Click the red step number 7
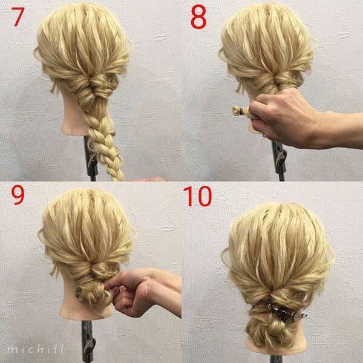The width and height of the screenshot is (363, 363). tap(18, 17)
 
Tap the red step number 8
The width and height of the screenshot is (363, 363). tap(198, 18)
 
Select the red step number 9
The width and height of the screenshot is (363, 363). tap(18, 195)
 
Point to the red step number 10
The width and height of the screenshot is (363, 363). tap(197, 196)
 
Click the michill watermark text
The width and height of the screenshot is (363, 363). tap(35, 349)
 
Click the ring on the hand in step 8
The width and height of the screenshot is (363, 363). tap(264, 135)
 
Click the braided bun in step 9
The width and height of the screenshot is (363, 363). tap(93, 293)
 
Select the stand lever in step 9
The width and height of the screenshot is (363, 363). tap(90, 347)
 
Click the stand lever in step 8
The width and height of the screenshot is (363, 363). tap(281, 157)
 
